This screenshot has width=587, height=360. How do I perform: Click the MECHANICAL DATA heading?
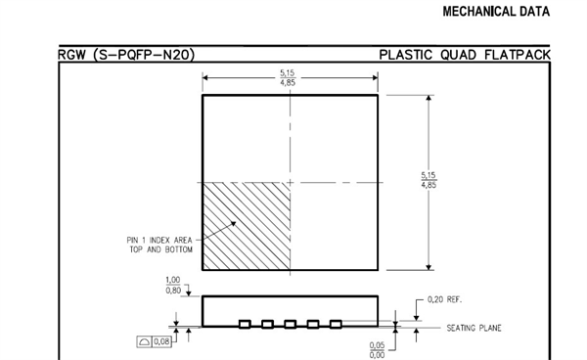click(496, 12)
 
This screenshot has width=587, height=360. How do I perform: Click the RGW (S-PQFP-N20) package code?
click(126, 55)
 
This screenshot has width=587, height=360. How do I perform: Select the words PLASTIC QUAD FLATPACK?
click(465, 55)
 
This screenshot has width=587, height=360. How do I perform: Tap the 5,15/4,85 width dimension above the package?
click(288, 78)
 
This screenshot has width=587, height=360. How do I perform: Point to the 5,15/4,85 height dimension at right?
click(429, 180)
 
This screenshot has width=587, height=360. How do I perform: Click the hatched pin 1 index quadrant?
click(247, 226)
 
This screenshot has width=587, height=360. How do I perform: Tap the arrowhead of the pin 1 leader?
click(233, 223)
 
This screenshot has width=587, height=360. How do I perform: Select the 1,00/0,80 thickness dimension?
click(173, 285)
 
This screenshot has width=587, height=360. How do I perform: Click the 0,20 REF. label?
click(445, 299)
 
